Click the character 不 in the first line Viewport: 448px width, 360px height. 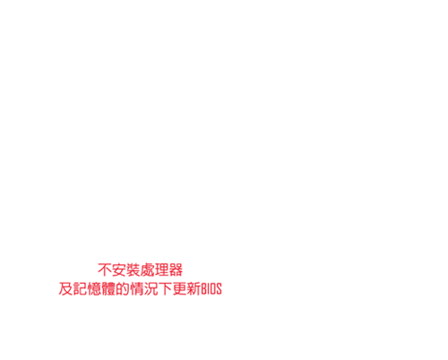(x=105, y=270)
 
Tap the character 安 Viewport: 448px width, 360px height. (x=119, y=270)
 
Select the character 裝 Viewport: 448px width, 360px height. (x=133, y=270)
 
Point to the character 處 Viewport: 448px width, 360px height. (x=147, y=270)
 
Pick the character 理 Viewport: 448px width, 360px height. (x=161, y=270)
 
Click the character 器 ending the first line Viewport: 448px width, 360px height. (x=176, y=270)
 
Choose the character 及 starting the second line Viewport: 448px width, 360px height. (x=65, y=288)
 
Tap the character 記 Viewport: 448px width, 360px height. (x=80, y=288)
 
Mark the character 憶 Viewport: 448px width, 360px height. (x=94, y=288)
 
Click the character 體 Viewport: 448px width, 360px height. (x=108, y=288)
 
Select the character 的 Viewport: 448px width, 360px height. (x=123, y=288)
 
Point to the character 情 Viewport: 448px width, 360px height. (x=136, y=288)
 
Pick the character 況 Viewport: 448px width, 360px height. (x=151, y=288)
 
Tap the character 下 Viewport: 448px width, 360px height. (x=165, y=288)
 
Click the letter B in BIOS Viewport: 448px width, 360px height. (x=203, y=289)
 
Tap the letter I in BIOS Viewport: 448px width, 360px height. (x=209, y=289)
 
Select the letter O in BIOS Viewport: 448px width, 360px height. (x=213, y=289)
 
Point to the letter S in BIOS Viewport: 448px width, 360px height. (x=219, y=289)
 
